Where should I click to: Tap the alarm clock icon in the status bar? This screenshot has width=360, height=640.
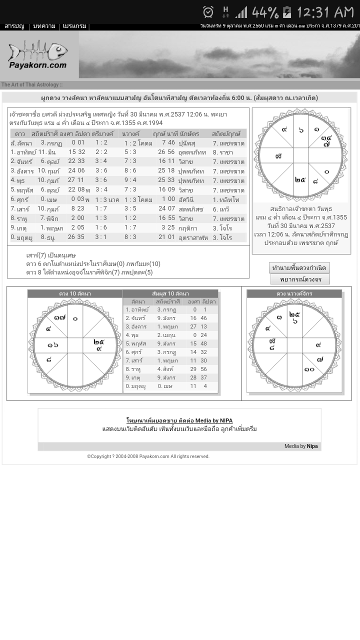click(208, 11)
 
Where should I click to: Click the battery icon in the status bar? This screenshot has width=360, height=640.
click(286, 11)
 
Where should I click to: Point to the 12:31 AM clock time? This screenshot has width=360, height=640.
click(325, 11)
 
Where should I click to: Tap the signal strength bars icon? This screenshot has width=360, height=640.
click(241, 11)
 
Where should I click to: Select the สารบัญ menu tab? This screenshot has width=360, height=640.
click(14, 26)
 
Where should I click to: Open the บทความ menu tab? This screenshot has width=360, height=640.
click(44, 26)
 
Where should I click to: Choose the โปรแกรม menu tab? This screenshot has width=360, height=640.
click(74, 26)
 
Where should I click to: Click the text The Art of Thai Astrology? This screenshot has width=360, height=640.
click(31, 85)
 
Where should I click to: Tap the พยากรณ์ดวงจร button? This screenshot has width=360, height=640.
click(300, 279)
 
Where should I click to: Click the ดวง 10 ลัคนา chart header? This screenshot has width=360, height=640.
click(75, 293)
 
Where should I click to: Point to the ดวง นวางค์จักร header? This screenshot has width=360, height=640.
click(294, 293)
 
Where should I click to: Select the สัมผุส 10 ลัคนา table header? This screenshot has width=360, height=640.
click(170, 293)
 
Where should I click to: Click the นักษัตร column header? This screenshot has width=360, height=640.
click(189, 134)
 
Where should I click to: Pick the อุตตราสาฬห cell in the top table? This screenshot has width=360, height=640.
click(193, 237)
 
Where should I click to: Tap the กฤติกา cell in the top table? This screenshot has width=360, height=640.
click(188, 228)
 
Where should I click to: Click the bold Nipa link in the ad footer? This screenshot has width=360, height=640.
click(312, 446)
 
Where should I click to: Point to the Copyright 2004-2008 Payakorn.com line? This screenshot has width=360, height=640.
click(148, 456)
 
